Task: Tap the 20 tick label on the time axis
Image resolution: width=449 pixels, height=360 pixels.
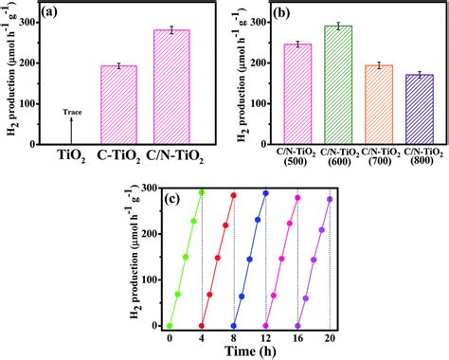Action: [330, 336]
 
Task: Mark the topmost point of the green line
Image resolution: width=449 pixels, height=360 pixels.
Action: [201, 191]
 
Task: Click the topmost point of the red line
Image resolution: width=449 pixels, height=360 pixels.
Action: [233, 195]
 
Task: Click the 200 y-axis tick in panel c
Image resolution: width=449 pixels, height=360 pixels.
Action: [148, 234]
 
